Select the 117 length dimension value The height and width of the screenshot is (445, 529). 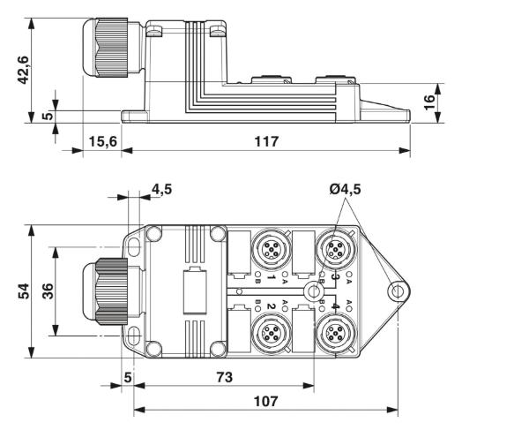tap(265, 141)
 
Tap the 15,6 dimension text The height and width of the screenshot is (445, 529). tap(101, 141)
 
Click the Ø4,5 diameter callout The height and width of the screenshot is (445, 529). tap(346, 188)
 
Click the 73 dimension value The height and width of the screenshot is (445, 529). tap(227, 377)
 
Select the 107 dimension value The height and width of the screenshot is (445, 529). tap(264, 402)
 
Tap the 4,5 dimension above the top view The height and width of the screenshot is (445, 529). tap(161, 188)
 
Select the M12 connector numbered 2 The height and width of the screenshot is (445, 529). tap(269, 333)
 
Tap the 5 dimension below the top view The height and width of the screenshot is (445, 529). tap(128, 377)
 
